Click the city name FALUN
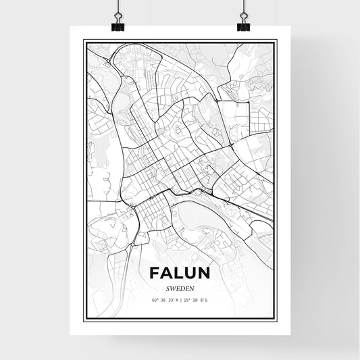[179, 273]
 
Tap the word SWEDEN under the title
[179, 287]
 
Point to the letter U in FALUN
[192, 273]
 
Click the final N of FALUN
[206, 273]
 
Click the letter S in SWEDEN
[166, 287]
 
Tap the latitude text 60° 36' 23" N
[163, 299]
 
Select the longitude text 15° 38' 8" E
[195, 299]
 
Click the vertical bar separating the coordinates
[180, 299]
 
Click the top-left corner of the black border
[83, 41]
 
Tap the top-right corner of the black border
[276, 41]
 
